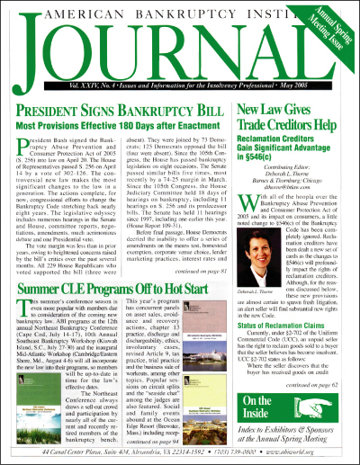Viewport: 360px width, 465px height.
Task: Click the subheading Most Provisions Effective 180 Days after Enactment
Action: tap(119, 119)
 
